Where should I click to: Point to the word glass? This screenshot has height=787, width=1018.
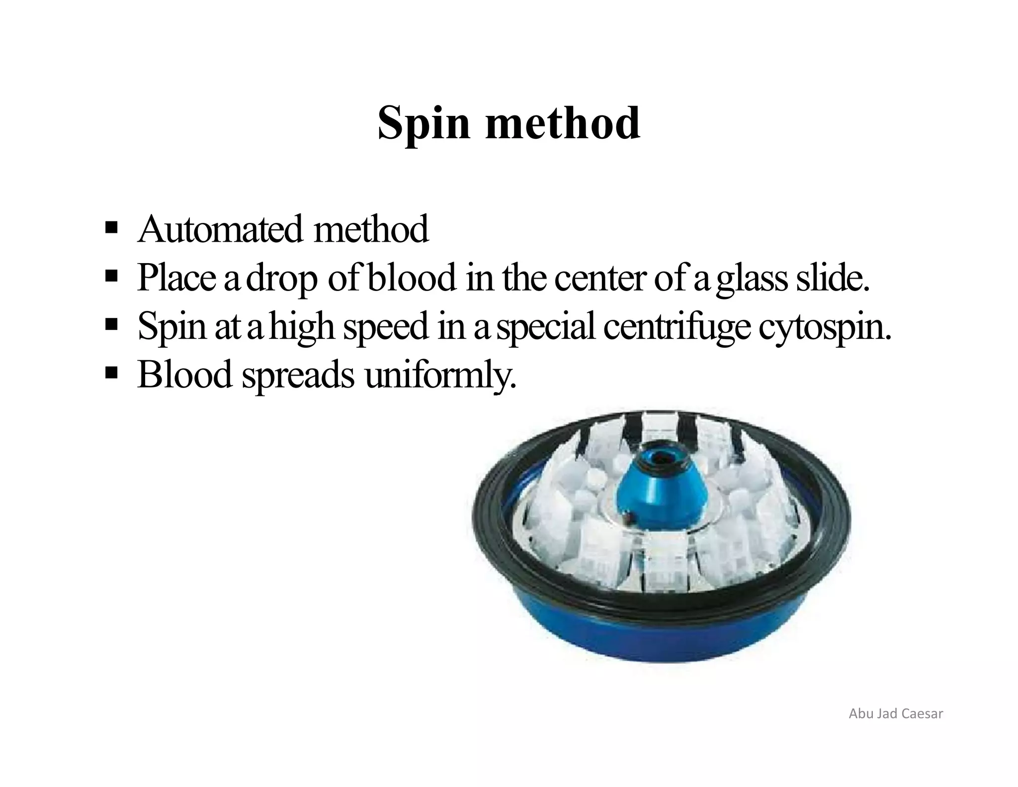point(751,279)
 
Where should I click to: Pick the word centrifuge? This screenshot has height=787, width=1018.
point(676,327)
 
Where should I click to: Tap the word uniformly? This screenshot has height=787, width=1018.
point(440,375)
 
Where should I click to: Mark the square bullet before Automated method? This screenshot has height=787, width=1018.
point(111,229)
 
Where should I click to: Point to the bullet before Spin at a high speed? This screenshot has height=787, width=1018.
point(111,325)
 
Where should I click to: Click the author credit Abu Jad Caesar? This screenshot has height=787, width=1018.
point(896,714)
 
